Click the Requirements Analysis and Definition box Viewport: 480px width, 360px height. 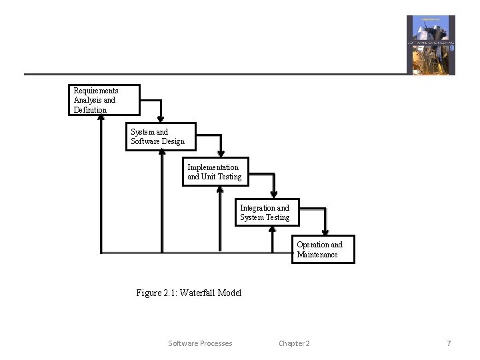tap(104, 100)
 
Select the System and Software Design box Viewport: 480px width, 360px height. tap(161, 137)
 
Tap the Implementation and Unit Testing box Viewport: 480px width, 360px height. tap(215, 172)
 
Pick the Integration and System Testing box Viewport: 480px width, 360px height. tap(267, 213)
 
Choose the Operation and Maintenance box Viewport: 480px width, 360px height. tap(323, 249)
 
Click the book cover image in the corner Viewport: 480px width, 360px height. tap(431, 45)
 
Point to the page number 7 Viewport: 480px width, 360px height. tap(449, 343)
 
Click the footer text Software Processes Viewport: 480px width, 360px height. tap(200, 343)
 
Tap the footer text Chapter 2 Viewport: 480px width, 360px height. tap(294, 343)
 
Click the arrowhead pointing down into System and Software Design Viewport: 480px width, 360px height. tap(162, 119)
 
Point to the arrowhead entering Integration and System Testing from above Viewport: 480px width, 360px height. tap(275, 194)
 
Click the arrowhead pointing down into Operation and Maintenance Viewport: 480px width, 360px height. tap(325, 231)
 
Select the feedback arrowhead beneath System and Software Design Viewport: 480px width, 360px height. tap(162, 153)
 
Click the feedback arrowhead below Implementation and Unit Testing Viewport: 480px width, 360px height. tap(220, 189)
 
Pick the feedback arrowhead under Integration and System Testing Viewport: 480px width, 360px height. tap(272, 229)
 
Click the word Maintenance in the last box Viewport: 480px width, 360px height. tap(317, 255)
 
